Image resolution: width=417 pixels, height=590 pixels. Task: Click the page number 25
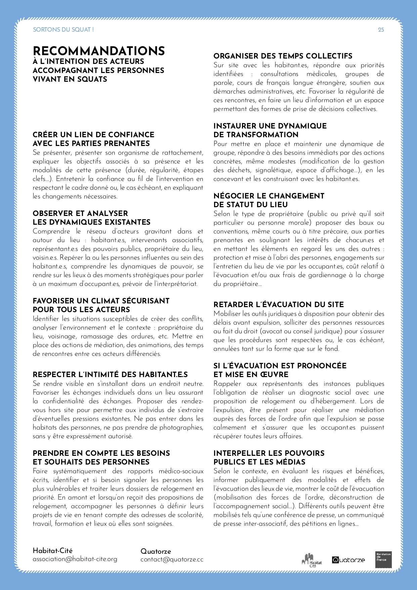(x=381, y=30)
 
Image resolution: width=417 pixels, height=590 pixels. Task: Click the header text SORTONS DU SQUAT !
(x=63, y=30)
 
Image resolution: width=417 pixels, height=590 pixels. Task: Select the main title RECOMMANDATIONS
(x=99, y=51)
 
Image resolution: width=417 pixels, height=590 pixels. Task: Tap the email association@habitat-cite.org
(x=75, y=559)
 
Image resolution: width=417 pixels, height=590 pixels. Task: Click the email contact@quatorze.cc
(x=172, y=559)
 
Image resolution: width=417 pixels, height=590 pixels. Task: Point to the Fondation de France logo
(x=383, y=560)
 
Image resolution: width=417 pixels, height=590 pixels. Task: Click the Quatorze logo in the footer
(x=348, y=560)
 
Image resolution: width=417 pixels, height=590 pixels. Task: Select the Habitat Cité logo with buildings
(x=311, y=560)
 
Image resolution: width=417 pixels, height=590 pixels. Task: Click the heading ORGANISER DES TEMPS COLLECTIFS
(x=283, y=56)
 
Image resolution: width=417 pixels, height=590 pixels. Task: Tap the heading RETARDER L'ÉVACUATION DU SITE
(x=279, y=304)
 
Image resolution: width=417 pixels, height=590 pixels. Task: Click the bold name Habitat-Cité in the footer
(x=52, y=551)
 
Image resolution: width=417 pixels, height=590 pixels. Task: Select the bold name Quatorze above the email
(x=156, y=551)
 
